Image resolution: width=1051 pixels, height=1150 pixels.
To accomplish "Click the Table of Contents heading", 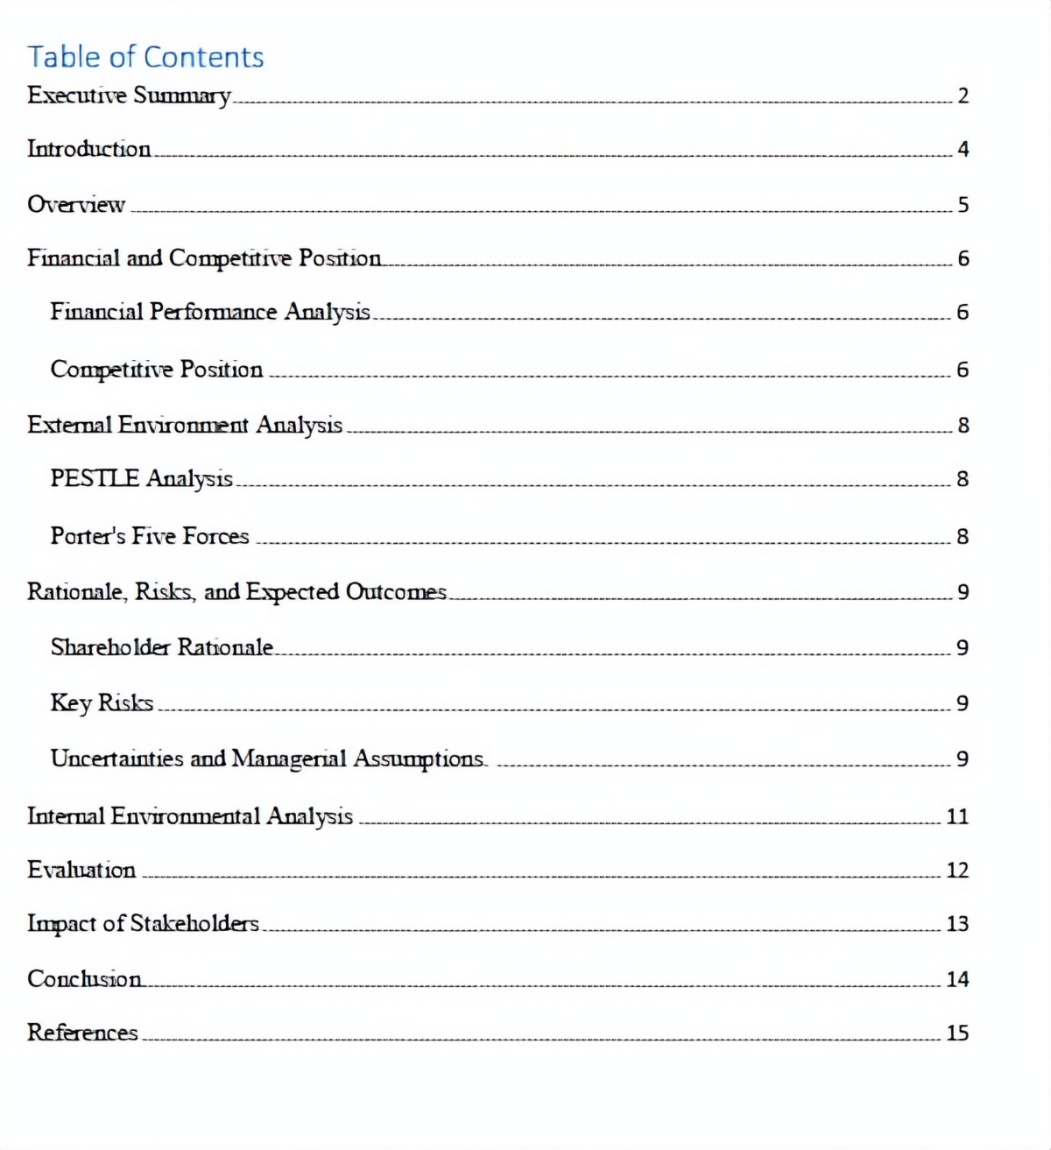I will click(145, 57).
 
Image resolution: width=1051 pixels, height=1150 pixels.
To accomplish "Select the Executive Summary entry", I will click(129, 95).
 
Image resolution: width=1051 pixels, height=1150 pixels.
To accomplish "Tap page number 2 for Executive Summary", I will click(963, 96).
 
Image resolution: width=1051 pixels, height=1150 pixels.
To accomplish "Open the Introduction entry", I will click(88, 149).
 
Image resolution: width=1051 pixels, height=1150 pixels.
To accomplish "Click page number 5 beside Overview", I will click(963, 205).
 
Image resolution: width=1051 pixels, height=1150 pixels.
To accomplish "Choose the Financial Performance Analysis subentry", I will click(210, 312).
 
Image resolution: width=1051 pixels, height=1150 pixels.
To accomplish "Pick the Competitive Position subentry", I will click(156, 370).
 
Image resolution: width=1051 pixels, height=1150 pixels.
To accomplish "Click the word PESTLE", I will click(95, 478).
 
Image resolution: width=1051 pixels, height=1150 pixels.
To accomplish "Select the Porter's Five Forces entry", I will click(150, 536).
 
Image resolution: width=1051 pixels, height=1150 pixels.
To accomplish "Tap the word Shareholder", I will click(110, 647).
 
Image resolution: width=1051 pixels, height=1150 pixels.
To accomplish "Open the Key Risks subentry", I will click(102, 702).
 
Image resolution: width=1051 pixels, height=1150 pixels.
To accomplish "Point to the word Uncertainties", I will click(116, 758).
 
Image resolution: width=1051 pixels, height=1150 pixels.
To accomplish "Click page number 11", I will click(957, 817).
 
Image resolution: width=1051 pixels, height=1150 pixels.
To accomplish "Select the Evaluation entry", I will click(81, 870).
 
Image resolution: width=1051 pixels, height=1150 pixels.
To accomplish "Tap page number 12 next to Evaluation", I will click(957, 871).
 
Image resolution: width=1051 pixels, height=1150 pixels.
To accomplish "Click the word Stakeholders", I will click(194, 923).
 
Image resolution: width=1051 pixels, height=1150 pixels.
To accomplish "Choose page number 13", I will click(957, 924).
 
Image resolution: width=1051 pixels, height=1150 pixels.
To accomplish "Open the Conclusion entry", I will click(84, 978).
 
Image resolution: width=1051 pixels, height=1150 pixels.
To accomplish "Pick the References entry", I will click(82, 1033).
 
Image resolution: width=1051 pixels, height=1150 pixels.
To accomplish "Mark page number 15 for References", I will click(957, 1034).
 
